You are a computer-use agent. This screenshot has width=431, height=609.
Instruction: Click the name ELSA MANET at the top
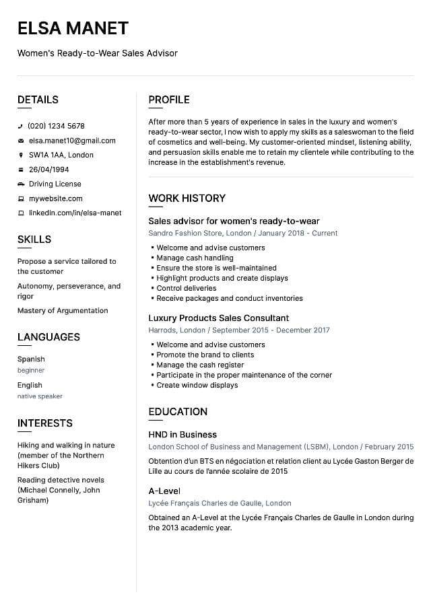click(x=73, y=28)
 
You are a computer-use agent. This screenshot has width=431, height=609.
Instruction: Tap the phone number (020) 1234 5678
click(x=56, y=126)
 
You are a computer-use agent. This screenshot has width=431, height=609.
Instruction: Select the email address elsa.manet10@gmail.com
click(x=72, y=141)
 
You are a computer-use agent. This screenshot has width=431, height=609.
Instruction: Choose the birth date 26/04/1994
click(x=48, y=170)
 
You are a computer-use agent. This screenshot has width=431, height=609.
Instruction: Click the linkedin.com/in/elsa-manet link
click(x=75, y=213)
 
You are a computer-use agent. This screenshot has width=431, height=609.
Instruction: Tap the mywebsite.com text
click(x=55, y=199)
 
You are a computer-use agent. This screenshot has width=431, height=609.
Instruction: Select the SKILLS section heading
click(x=34, y=240)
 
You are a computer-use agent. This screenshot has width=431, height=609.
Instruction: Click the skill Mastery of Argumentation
click(x=63, y=310)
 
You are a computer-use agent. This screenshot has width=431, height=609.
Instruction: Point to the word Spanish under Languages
click(x=31, y=359)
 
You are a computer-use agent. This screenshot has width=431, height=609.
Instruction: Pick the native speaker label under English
click(x=40, y=396)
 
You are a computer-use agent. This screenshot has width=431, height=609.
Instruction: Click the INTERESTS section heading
click(x=45, y=423)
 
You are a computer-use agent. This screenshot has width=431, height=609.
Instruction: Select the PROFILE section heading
click(x=169, y=100)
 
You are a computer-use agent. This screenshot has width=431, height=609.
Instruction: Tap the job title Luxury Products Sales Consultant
click(x=219, y=318)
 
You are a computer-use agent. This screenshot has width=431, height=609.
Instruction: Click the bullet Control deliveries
click(x=187, y=288)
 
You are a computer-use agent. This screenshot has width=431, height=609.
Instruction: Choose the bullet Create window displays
click(x=197, y=385)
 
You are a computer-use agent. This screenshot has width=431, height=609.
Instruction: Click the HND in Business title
click(x=183, y=435)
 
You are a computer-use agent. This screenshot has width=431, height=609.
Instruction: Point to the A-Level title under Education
click(x=164, y=491)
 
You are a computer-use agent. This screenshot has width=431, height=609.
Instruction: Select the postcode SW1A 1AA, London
click(x=61, y=155)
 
